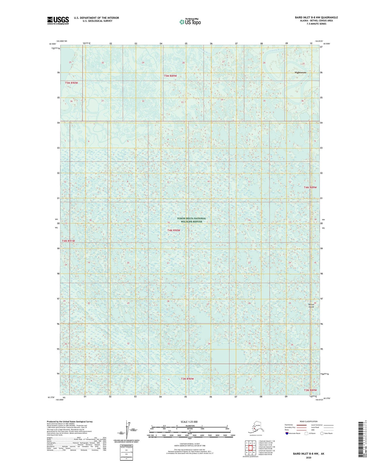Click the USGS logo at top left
[58, 20]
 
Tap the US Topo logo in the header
[190, 22]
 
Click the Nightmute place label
[300, 72]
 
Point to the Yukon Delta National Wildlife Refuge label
[191, 220]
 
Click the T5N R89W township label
[170, 76]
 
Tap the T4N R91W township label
[68, 241]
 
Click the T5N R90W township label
[72, 83]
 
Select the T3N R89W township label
[310, 390]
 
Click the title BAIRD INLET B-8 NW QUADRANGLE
[316, 18]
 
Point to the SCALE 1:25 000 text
[189, 422]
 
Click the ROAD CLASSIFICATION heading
[309, 421]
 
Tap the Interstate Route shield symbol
[287, 433]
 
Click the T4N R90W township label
[174, 230]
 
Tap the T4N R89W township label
[310, 187]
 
